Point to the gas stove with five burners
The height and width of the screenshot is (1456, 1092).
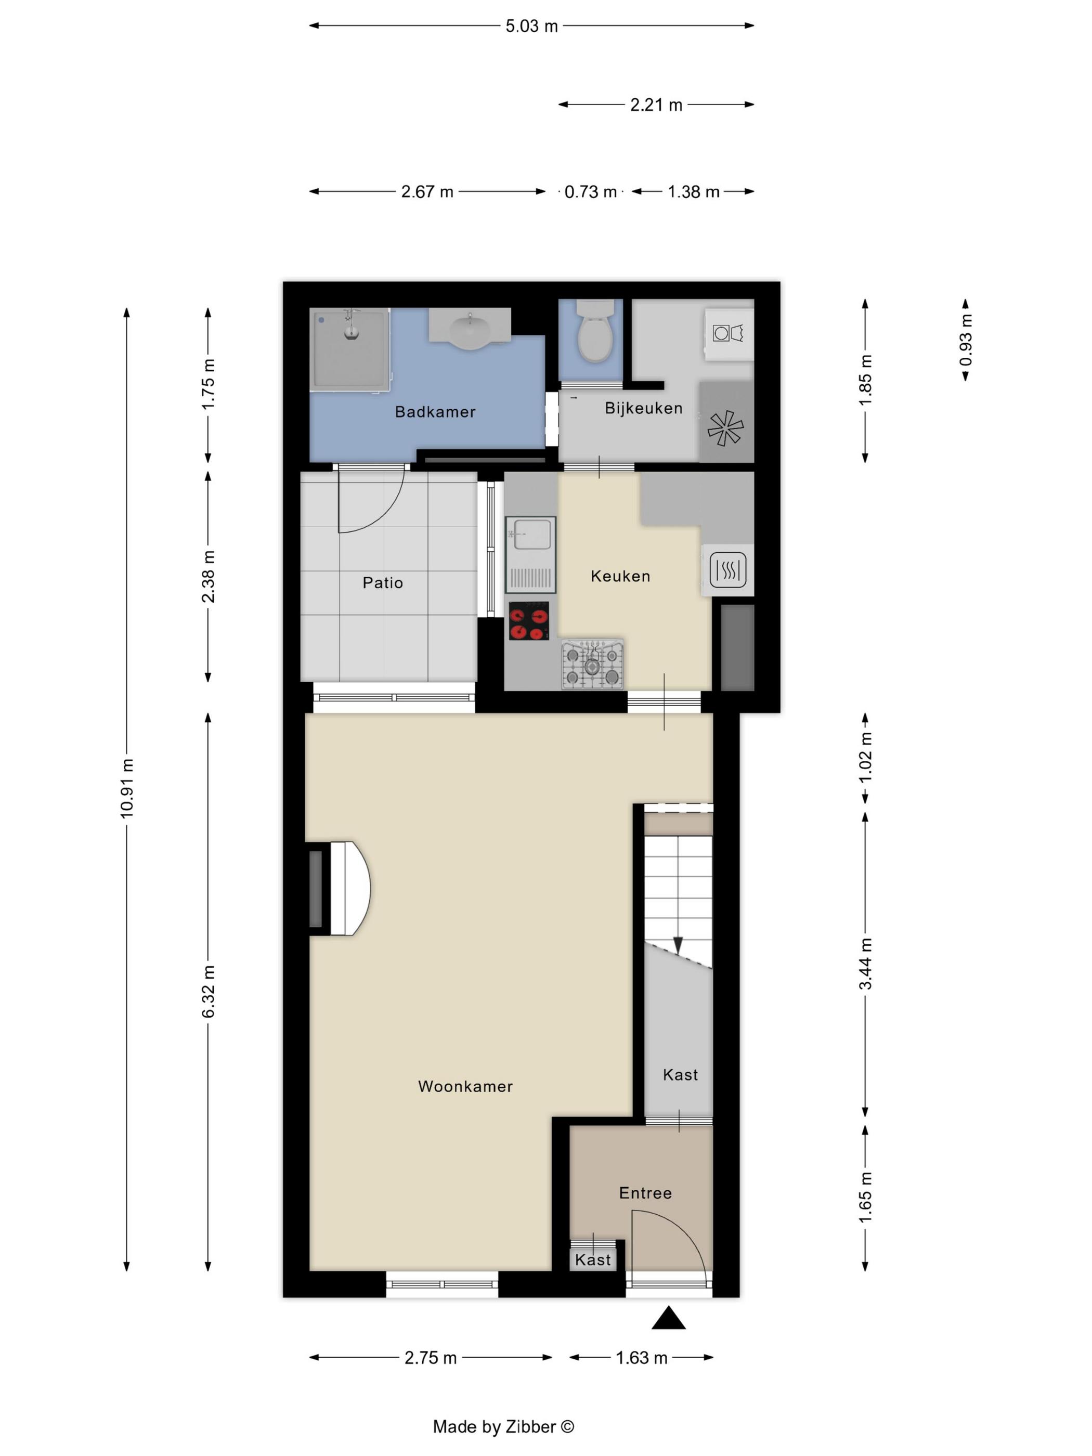(592, 664)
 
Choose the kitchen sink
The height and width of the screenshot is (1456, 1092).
(530, 555)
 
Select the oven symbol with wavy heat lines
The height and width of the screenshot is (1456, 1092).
(728, 569)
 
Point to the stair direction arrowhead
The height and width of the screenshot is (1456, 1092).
(679, 945)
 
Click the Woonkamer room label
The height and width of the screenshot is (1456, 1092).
(465, 1086)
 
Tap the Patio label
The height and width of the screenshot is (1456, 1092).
(382, 582)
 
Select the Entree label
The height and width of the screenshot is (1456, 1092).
(645, 1193)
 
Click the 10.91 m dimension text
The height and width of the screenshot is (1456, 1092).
(126, 788)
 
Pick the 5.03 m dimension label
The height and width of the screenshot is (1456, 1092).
(531, 27)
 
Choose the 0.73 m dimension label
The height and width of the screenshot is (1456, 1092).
(590, 191)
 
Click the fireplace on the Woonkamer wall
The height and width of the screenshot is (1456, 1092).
(340, 888)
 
